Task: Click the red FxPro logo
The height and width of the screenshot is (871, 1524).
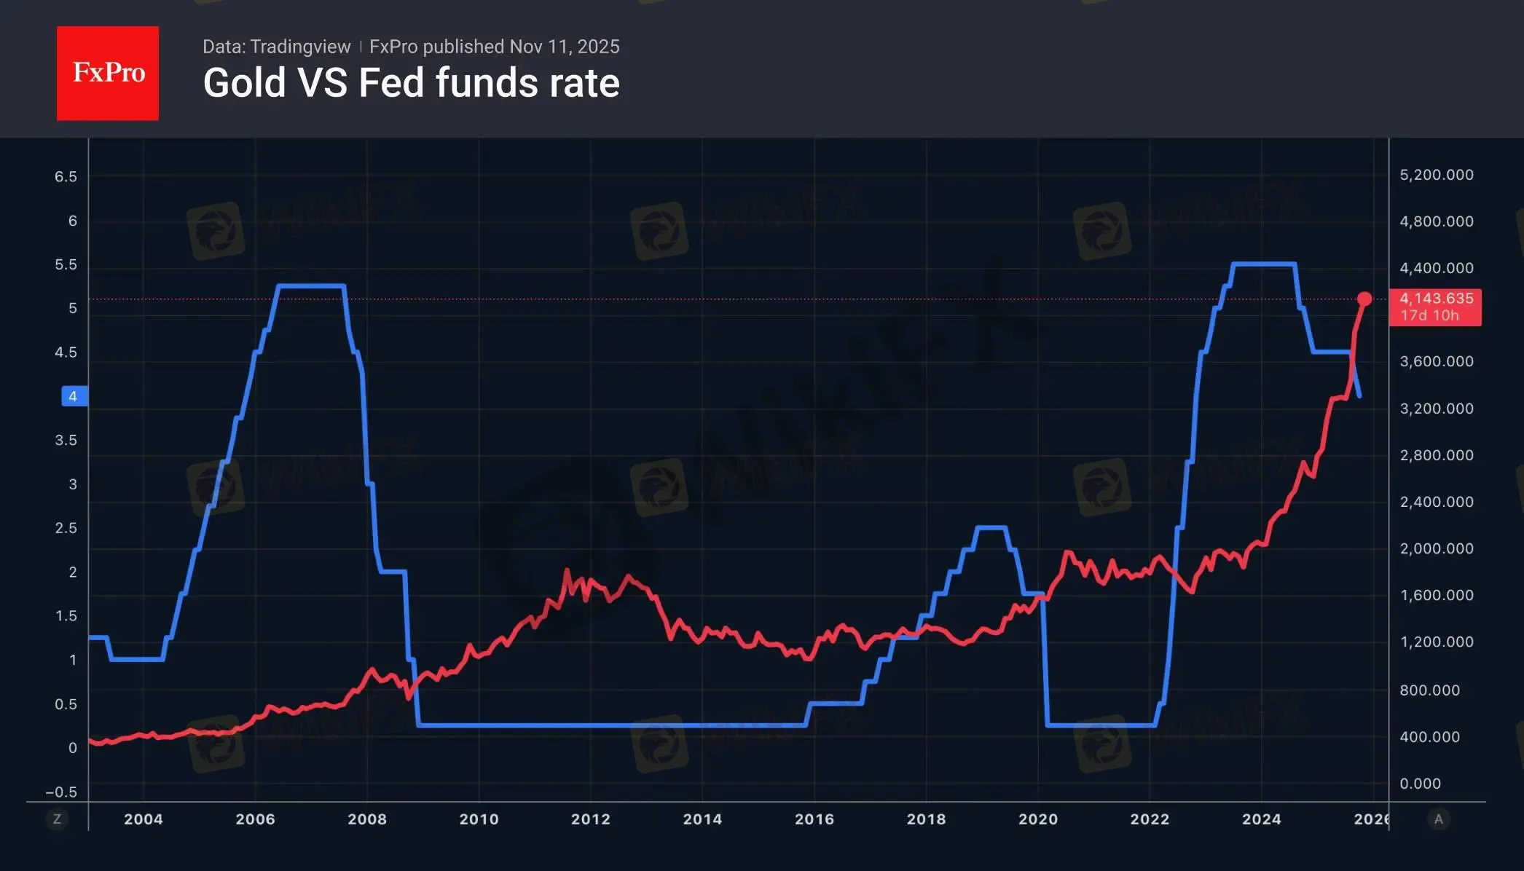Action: tap(108, 73)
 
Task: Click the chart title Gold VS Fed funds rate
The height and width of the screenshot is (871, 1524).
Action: tap(411, 83)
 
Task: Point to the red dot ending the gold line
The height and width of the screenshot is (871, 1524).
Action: tap(1364, 299)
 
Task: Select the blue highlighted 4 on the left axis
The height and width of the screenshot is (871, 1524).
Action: tap(73, 396)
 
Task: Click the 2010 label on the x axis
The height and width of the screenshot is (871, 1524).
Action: tap(479, 819)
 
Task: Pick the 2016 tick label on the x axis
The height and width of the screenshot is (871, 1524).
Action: tap(814, 819)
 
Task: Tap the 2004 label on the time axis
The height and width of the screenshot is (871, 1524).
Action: tap(144, 819)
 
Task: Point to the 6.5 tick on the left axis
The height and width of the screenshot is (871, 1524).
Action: tap(66, 177)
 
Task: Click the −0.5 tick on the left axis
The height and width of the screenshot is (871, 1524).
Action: tap(61, 792)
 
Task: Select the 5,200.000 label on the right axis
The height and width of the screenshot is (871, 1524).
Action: tap(1436, 175)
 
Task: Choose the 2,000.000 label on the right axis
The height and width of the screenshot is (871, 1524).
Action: tap(1436, 548)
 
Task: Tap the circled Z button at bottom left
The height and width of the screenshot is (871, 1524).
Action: tap(57, 819)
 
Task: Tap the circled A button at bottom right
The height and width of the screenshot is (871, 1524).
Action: tap(1438, 819)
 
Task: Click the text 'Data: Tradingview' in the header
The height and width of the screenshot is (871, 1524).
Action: tap(276, 47)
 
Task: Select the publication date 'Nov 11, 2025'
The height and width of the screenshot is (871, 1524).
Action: tap(565, 47)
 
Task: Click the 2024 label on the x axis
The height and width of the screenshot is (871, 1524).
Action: tap(1261, 819)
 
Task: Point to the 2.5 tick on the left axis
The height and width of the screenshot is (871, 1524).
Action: tap(66, 528)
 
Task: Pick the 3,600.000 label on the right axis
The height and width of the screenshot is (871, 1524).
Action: tap(1436, 361)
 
